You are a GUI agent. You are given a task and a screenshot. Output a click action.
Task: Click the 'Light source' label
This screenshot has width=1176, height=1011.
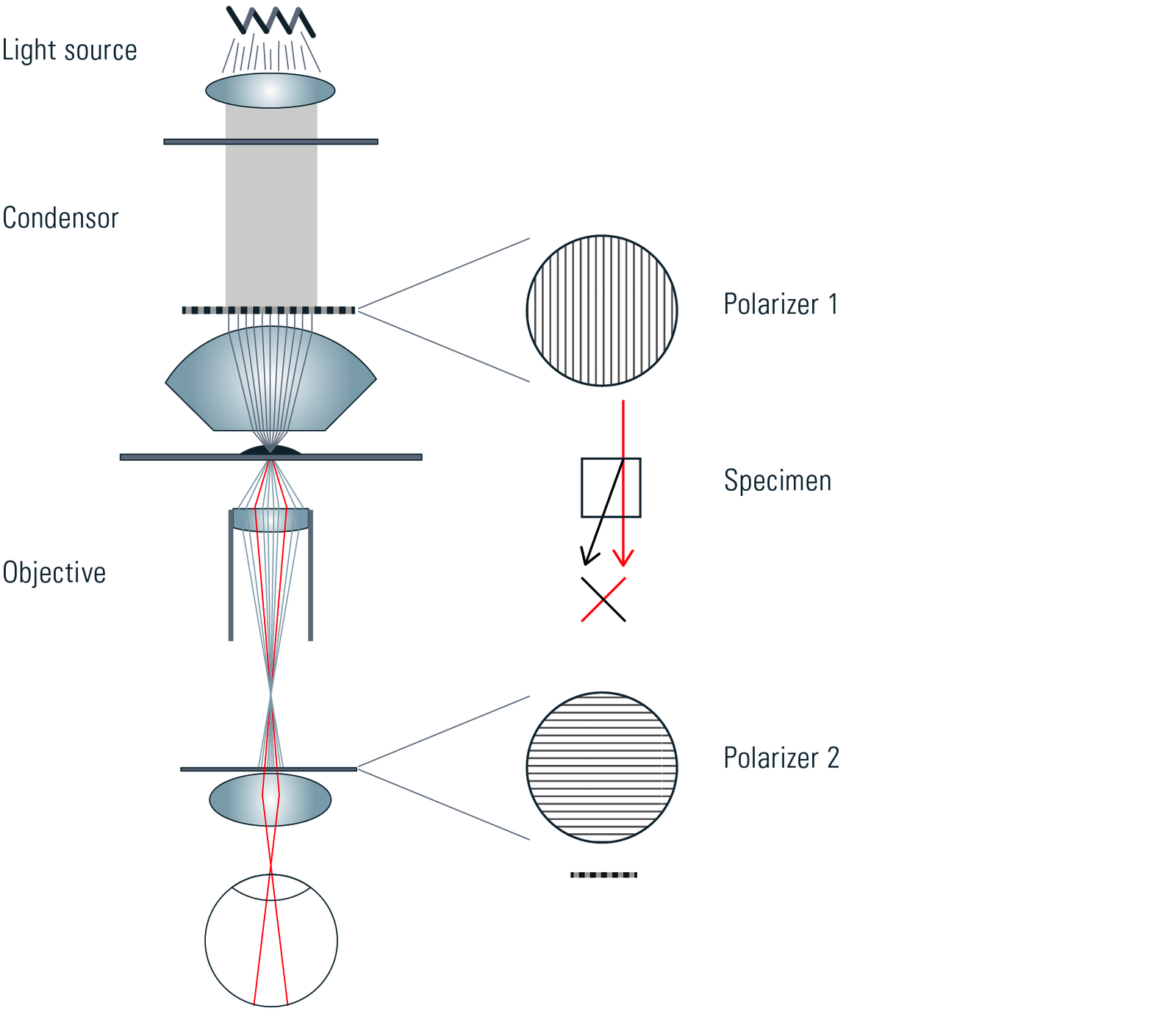pos(69,50)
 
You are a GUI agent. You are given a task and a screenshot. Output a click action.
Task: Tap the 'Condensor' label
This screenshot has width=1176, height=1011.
pos(60,218)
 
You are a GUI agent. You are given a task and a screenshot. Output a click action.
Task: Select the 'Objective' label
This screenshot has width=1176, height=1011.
pos(54,573)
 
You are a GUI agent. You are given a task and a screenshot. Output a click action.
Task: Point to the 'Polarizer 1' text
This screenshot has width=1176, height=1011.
pos(781,304)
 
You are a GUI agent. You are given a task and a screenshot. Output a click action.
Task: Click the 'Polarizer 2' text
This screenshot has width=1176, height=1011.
pos(781,758)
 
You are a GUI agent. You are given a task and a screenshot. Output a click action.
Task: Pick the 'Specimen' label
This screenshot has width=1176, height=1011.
pos(777,481)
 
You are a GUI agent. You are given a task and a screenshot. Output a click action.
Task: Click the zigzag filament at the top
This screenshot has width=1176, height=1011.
pos(270,21)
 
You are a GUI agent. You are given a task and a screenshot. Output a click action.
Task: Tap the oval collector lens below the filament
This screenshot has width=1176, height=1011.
pos(270,90)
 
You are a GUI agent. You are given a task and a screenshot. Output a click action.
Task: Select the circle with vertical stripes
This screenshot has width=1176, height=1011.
pos(602,311)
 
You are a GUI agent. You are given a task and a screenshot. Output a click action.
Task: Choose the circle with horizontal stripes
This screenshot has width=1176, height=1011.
pos(602,767)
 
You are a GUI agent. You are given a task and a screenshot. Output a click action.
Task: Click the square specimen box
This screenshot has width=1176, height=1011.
pos(610,488)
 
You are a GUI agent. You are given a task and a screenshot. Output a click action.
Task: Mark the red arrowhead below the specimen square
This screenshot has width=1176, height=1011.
pos(623,560)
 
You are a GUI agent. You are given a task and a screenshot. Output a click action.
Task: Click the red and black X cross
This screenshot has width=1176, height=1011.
pos(603,600)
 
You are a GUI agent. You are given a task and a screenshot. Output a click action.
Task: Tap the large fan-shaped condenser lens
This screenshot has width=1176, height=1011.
pos(270,382)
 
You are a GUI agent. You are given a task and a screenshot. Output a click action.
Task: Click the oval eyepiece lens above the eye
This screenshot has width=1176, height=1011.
pos(270,799)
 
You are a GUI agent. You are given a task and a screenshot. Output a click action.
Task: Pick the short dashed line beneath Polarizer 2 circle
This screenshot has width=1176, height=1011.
pos(603,875)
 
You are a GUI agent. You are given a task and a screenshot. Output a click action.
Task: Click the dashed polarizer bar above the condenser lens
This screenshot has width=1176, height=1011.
pos(268,310)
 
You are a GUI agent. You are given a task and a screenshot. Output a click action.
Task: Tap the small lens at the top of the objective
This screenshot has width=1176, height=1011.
pos(270,519)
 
